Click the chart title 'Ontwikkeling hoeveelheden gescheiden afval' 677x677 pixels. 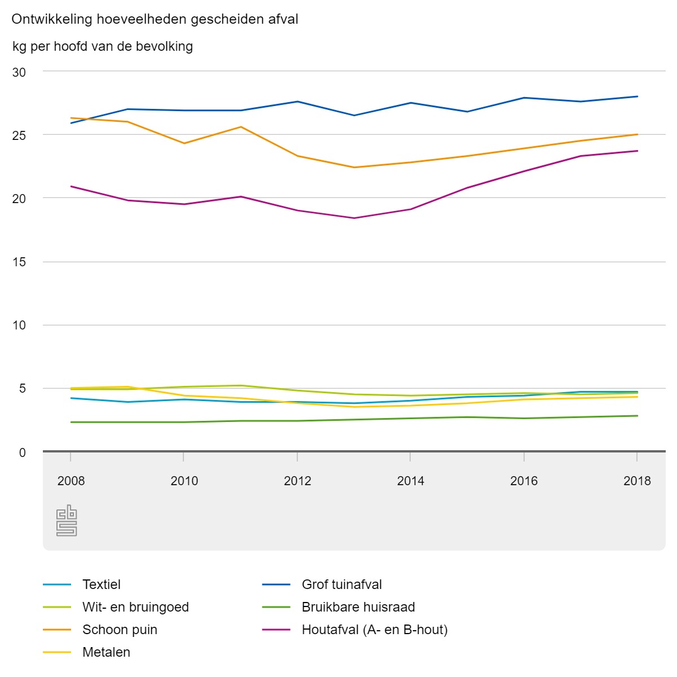point(155,20)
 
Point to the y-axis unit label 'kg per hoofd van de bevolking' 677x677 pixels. point(103,47)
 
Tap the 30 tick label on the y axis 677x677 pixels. point(19,72)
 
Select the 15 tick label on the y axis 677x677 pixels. point(19,262)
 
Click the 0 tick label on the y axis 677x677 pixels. point(23,452)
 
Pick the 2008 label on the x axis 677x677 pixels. point(71,481)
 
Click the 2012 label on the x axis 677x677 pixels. point(297,481)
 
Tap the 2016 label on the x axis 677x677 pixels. point(524,481)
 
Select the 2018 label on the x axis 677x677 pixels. point(637,481)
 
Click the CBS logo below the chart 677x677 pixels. point(67,520)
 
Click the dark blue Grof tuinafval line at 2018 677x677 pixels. point(638,96)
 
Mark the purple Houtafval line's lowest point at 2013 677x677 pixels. point(354,218)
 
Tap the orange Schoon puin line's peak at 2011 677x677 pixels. point(241,127)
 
